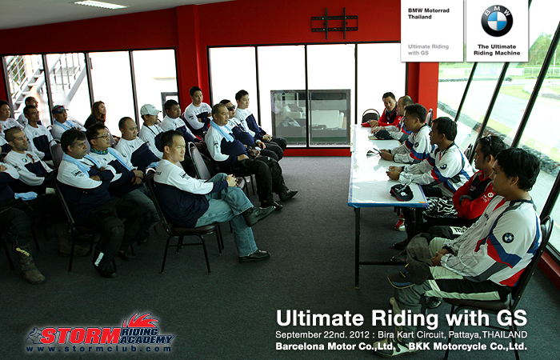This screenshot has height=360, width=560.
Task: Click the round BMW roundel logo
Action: (497, 21)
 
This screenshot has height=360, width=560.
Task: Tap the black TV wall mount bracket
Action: (334, 23)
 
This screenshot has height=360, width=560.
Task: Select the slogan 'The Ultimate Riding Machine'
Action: (497, 50)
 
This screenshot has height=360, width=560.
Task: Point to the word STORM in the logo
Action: (81, 336)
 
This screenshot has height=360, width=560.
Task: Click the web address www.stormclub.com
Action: (98, 349)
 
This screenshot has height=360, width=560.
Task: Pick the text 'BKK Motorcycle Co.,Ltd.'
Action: (467, 346)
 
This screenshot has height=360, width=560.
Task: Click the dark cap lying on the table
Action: (402, 192)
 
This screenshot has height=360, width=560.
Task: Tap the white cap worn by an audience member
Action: (150, 110)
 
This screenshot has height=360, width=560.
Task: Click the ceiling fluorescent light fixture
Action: (100, 5)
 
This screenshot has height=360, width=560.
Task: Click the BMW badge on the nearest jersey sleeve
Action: (508, 238)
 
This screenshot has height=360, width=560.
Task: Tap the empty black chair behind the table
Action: (370, 116)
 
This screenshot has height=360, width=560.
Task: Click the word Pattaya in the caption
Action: (464, 335)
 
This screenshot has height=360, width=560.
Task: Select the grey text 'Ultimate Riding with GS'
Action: (428, 50)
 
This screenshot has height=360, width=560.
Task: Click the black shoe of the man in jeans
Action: (254, 256)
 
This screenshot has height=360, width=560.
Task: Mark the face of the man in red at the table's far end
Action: (390, 102)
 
